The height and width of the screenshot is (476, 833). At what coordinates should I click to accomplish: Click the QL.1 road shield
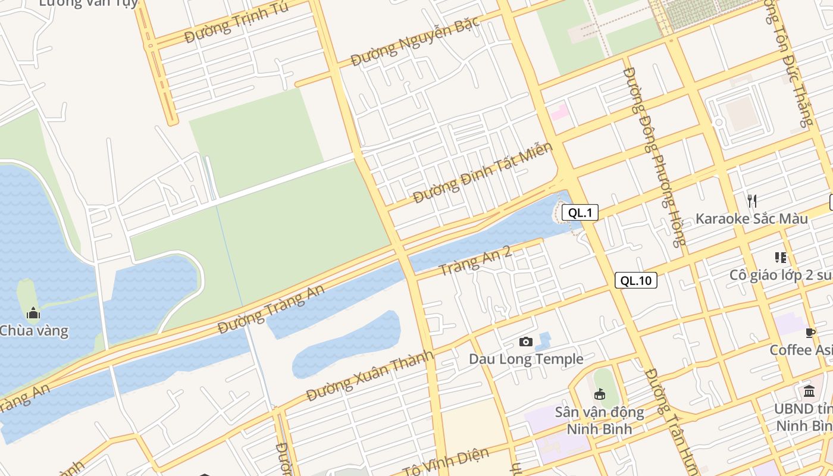pos(580,212)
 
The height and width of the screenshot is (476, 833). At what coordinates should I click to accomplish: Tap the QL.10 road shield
pos(635,280)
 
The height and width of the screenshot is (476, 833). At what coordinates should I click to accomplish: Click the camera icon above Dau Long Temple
pos(525,342)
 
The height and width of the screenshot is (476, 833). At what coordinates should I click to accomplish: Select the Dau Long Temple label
pos(526,359)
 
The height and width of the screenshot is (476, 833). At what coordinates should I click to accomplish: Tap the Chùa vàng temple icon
pos(33,313)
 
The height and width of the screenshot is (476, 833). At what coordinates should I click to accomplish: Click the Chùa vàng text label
pos(33,331)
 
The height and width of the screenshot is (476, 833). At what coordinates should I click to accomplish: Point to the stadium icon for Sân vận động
pos(599,394)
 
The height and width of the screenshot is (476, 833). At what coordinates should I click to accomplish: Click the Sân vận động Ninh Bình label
pos(599,420)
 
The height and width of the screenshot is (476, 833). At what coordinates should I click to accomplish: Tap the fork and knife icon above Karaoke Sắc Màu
pos(752,201)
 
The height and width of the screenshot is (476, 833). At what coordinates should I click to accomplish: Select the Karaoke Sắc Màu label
pos(751,218)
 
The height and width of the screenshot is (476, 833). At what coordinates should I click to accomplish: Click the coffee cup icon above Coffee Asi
pos(810,332)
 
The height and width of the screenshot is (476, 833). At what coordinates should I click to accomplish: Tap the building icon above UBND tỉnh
pos(809,391)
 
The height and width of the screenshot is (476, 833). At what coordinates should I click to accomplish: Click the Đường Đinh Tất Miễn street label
pos(483,172)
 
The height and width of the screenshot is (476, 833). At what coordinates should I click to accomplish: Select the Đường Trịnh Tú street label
pos(237,22)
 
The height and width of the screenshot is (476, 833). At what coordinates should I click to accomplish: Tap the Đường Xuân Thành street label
pos(369,375)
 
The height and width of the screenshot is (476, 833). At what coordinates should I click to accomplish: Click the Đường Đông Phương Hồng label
pos(654,156)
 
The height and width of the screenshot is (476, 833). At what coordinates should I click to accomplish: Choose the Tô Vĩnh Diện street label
pos(446,462)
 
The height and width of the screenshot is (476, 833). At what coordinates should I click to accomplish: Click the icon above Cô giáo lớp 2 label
pos(780,258)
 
